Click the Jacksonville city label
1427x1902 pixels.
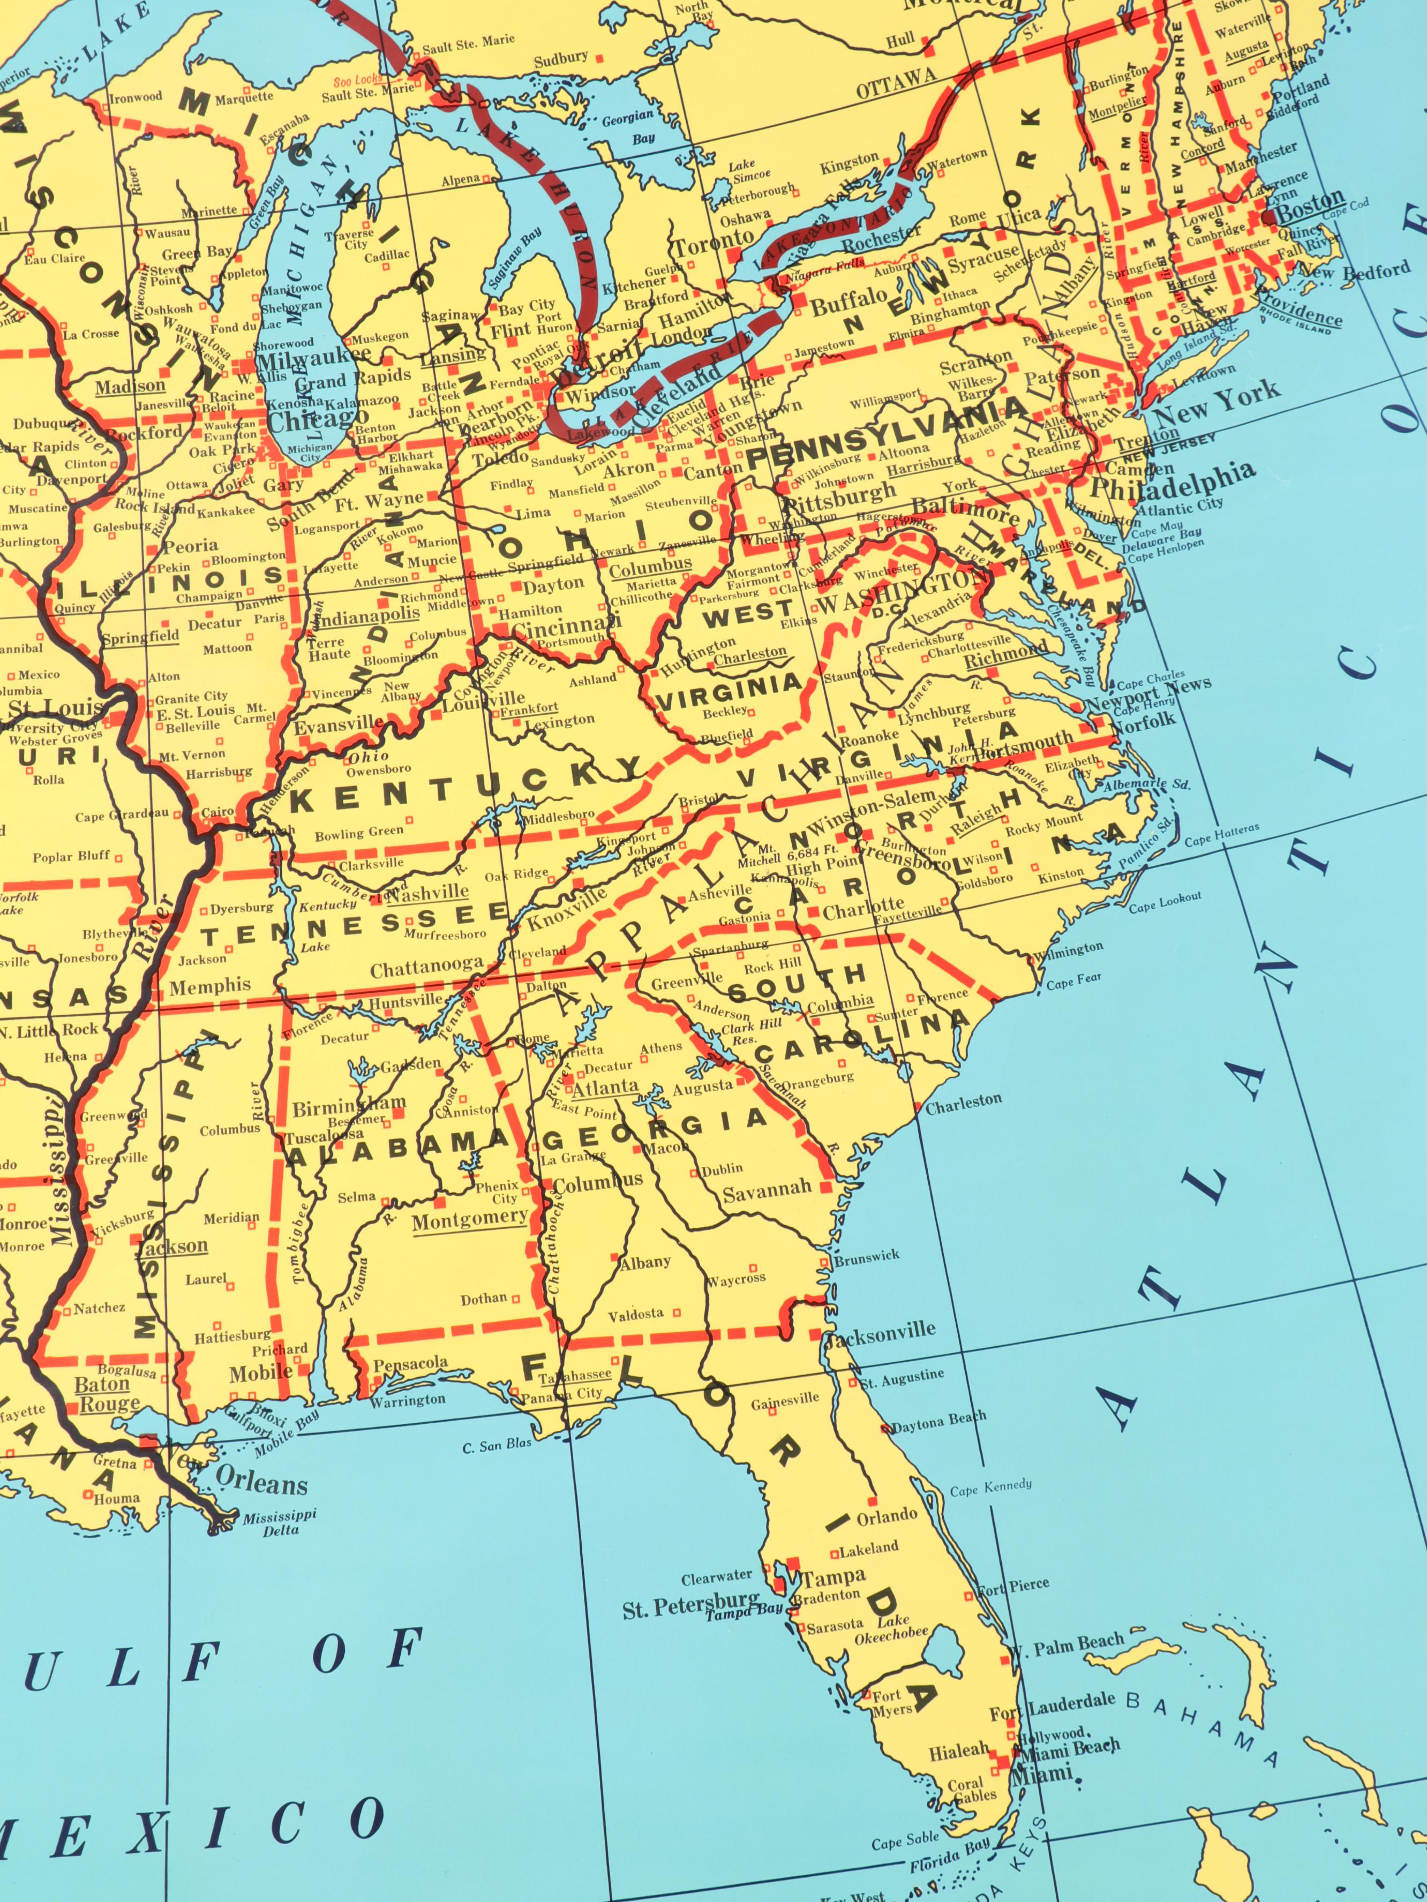[879, 1330]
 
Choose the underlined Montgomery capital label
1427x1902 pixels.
[470, 1218]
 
